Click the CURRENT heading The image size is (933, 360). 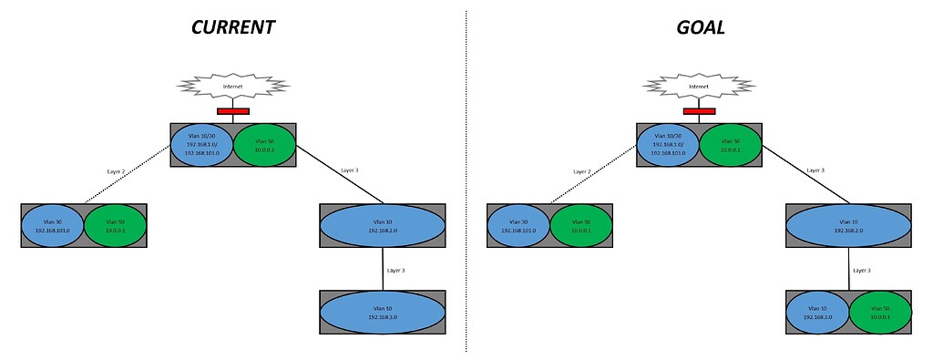tap(233, 27)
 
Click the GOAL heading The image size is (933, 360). tap(700, 27)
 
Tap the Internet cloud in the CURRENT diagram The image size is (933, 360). tap(233, 87)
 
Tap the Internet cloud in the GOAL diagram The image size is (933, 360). tap(700, 87)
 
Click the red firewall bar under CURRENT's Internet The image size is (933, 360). tap(233, 112)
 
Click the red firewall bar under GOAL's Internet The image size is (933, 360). tap(700, 112)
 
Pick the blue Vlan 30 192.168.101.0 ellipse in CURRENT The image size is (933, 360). tap(52, 227)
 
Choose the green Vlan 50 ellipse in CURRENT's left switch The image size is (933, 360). tap(116, 227)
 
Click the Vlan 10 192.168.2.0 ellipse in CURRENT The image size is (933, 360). tap(383, 226)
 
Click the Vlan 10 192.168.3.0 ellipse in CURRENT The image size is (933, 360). tap(383, 312)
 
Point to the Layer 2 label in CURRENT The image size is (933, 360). tap(116, 170)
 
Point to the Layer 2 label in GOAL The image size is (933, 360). tap(582, 170)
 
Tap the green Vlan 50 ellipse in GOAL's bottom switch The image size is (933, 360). tap(881, 312)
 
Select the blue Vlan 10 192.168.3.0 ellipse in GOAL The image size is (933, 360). tap(818, 312)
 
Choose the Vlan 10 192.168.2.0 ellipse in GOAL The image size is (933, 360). tap(849, 226)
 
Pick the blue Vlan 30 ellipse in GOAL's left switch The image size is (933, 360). tap(518, 227)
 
